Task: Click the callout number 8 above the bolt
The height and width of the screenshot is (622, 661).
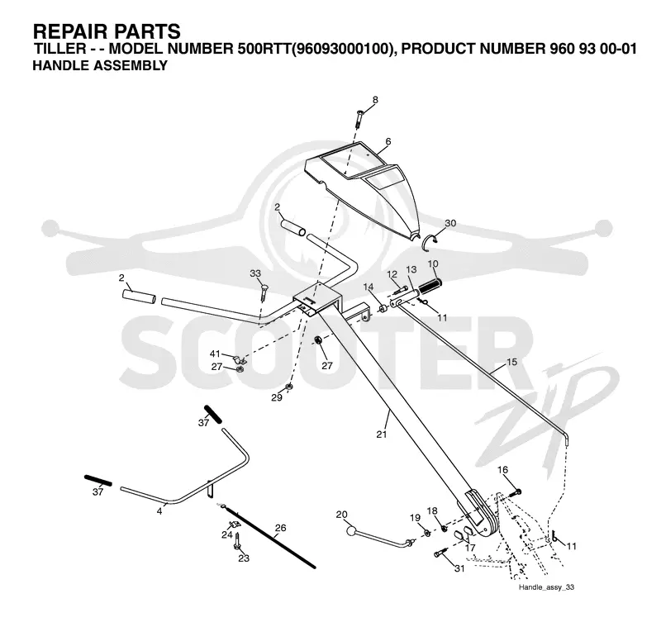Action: pyautogui.click(x=375, y=100)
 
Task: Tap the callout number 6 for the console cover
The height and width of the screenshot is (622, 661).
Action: pyautogui.click(x=388, y=141)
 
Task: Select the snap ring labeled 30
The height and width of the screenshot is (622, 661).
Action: pyautogui.click(x=431, y=241)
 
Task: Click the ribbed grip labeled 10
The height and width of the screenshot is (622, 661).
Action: pyautogui.click(x=429, y=287)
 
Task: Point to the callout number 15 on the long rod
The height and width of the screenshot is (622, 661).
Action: pyautogui.click(x=511, y=362)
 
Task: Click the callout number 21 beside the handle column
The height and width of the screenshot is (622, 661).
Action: pyautogui.click(x=382, y=434)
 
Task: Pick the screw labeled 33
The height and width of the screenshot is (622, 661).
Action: pyautogui.click(x=263, y=292)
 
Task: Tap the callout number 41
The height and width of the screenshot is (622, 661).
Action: pyautogui.click(x=215, y=354)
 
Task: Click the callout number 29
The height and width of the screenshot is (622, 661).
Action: pyautogui.click(x=277, y=397)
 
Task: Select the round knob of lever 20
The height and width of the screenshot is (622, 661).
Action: pyautogui.click(x=352, y=531)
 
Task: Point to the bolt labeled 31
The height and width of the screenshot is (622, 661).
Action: pyautogui.click(x=440, y=553)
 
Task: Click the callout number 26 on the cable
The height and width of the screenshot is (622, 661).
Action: pyautogui.click(x=280, y=528)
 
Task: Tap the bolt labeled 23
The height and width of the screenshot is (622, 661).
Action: pyautogui.click(x=238, y=541)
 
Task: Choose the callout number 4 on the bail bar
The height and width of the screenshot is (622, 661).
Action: pyautogui.click(x=159, y=511)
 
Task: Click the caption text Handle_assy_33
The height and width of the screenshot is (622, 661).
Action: pyautogui.click(x=546, y=587)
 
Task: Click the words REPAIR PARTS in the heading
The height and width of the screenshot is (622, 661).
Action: pyautogui.click(x=107, y=31)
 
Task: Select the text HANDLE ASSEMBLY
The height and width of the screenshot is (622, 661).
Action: pyautogui.click(x=100, y=66)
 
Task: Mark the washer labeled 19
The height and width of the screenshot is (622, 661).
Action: pyautogui.click(x=426, y=533)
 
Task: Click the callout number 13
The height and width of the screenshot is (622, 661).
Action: pyautogui.click(x=411, y=269)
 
